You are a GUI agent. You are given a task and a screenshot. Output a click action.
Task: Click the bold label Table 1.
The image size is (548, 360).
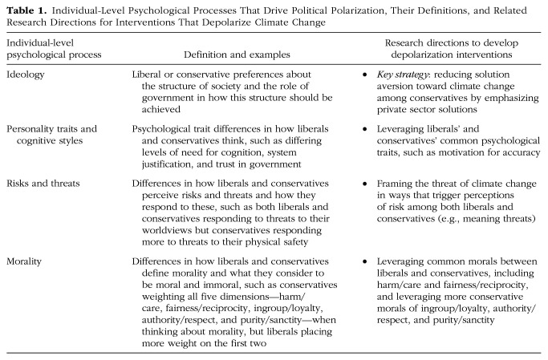(x=24, y=10)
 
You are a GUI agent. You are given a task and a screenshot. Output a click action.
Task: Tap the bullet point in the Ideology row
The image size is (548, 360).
(x=366, y=74)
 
